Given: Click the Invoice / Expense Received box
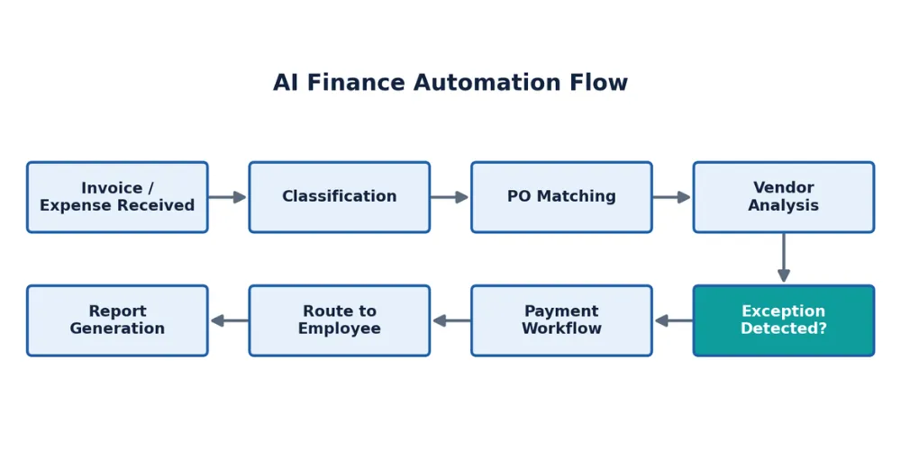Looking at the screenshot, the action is click(x=117, y=197).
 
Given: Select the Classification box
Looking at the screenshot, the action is click(x=340, y=197).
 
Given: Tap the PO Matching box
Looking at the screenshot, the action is click(x=561, y=197).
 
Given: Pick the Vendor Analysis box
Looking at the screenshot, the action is click(x=784, y=197).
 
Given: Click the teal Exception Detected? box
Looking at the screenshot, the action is click(x=784, y=320).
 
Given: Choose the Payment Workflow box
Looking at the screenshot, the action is click(x=561, y=320).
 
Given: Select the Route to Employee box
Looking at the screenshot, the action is click(x=340, y=320).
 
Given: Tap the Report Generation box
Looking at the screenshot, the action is click(x=117, y=320).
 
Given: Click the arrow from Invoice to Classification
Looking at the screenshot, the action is click(x=228, y=197).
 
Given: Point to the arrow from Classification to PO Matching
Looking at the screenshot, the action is click(x=450, y=197).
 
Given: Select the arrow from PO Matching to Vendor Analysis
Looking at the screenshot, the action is click(x=672, y=197).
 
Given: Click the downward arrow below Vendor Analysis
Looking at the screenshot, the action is click(x=784, y=257).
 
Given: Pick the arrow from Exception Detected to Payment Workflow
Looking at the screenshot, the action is click(x=673, y=320).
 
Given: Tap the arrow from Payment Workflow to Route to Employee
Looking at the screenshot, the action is click(x=451, y=320).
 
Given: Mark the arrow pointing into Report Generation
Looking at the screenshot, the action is click(x=229, y=320).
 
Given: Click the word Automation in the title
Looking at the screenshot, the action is click(x=487, y=83).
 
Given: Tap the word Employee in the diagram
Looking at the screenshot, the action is click(x=340, y=328).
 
